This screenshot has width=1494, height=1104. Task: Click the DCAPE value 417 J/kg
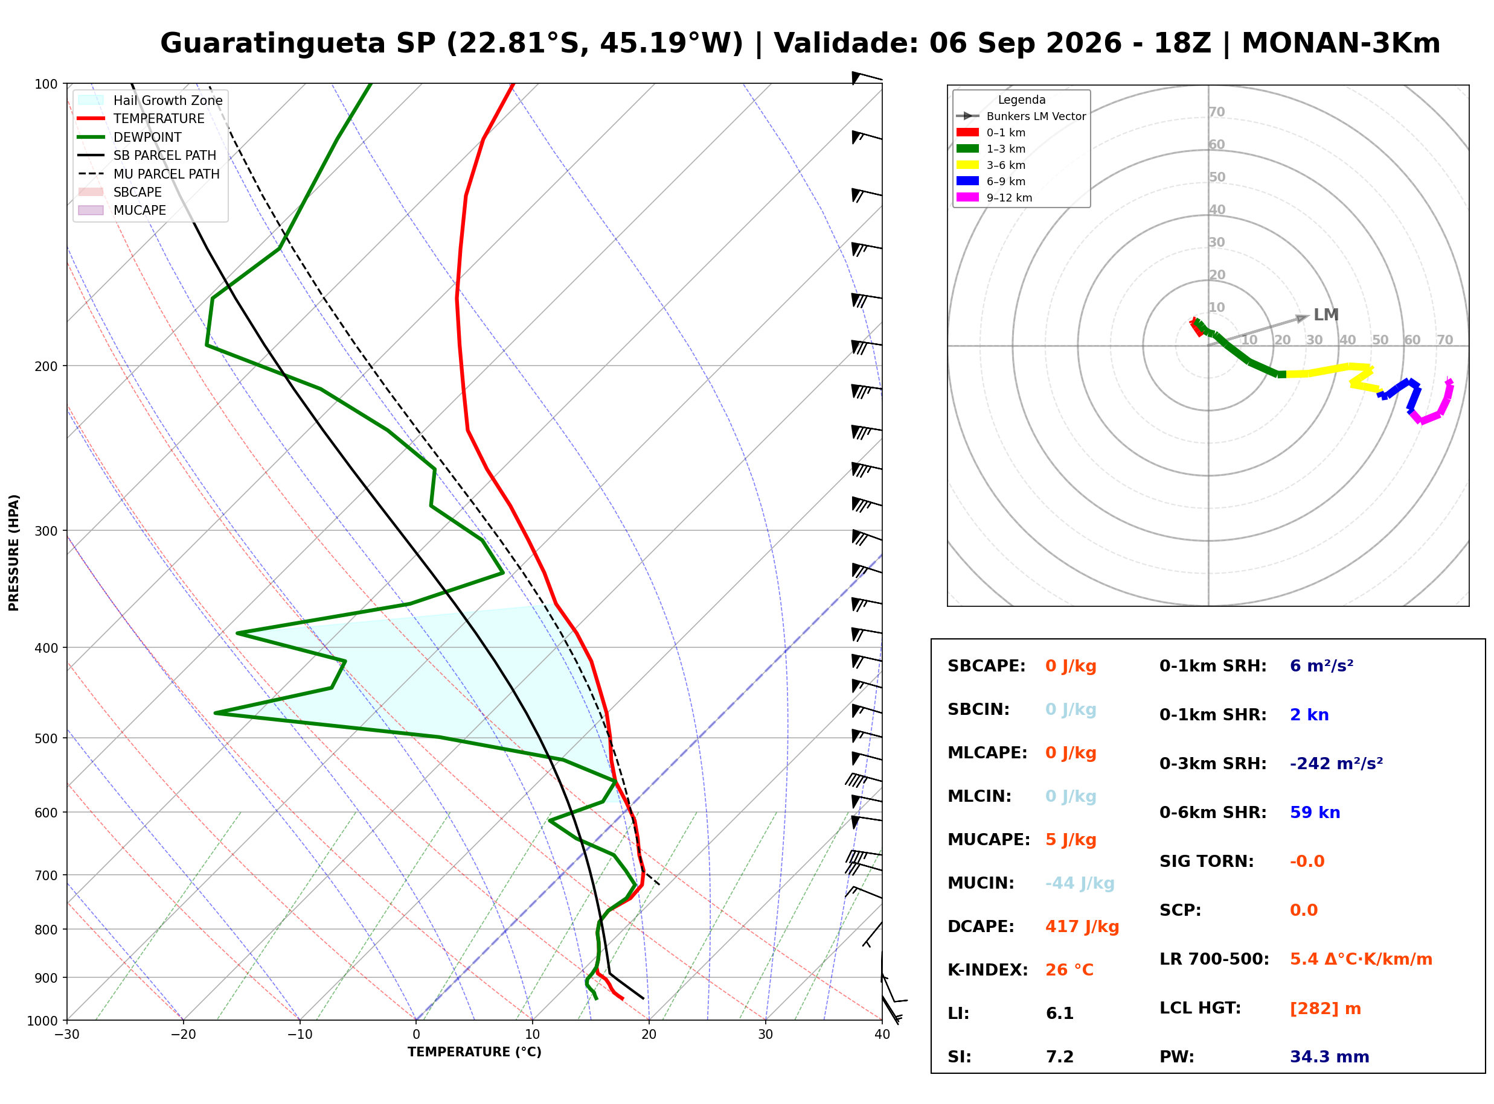pos(1082,927)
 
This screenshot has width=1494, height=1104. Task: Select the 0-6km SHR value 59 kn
pos(1315,813)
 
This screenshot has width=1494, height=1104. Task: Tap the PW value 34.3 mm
pos(1330,1057)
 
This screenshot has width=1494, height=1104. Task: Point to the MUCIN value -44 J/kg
pos(1080,883)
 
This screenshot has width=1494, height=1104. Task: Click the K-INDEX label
pos(988,970)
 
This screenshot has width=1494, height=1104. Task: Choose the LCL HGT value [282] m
pos(1326,1009)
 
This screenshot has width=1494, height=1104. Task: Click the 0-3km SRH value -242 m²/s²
pos(1336,763)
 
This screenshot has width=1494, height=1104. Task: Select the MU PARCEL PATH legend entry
pos(149,174)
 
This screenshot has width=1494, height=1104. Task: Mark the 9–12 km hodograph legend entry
pos(995,198)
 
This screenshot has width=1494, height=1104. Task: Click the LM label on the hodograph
pos(1326,315)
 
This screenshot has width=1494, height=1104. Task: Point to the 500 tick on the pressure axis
pos(46,738)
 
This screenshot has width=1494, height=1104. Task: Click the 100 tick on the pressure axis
pos(46,83)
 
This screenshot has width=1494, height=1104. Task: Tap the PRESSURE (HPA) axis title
pos(14,553)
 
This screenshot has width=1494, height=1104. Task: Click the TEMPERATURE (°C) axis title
pos(475,1052)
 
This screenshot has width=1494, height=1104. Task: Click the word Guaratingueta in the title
pos(273,43)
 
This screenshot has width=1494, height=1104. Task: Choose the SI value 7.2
pos(1060,1057)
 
